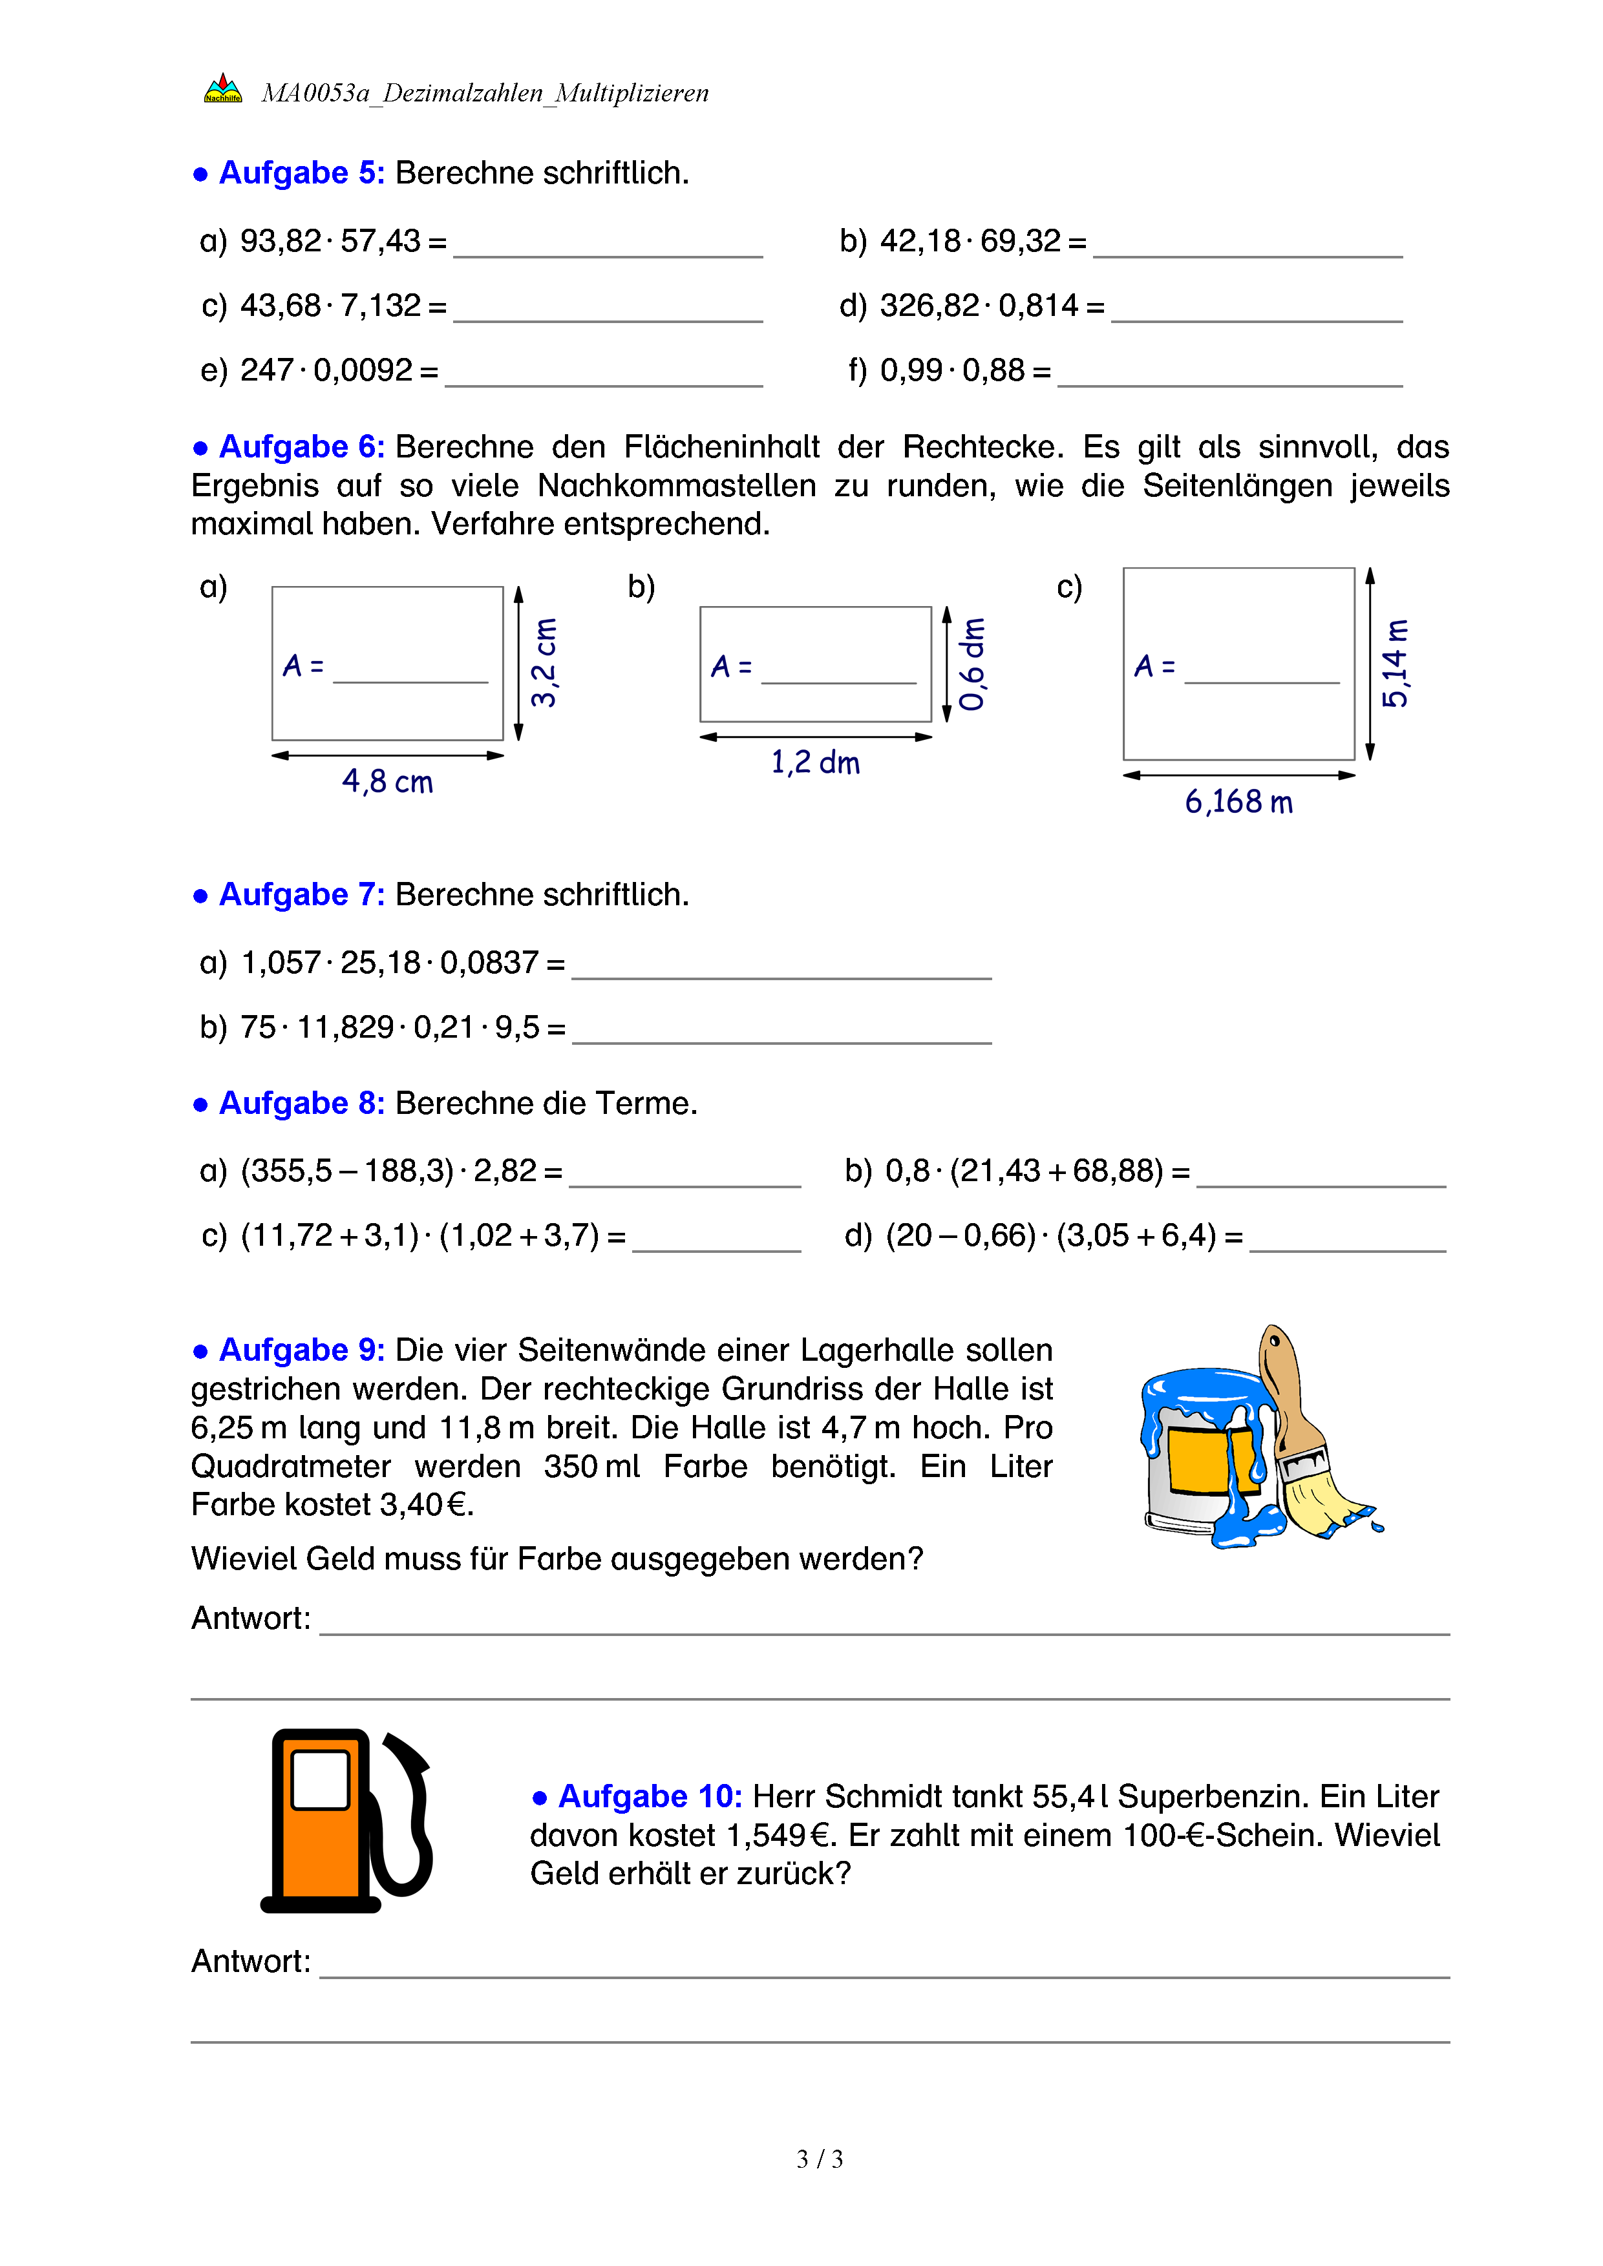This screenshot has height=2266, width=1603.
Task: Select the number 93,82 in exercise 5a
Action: [x=281, y=241]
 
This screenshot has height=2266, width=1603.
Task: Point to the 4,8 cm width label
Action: [x=387, y=782]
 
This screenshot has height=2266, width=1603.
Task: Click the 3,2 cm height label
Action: [x=544, y=663]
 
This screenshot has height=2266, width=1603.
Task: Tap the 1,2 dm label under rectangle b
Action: [x=815, y=763]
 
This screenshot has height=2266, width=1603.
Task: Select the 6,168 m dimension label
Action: [x=1239, y=801]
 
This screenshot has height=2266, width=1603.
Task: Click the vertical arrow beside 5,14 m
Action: [x=1370, y=663]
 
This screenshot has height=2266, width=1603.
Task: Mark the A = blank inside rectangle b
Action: [x=839, y=676]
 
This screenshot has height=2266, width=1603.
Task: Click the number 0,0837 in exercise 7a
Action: [x=489, y=962]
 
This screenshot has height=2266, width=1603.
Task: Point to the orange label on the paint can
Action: [x=1197, y=1462]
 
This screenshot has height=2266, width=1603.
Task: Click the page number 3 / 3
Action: [x=819, y=2159]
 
